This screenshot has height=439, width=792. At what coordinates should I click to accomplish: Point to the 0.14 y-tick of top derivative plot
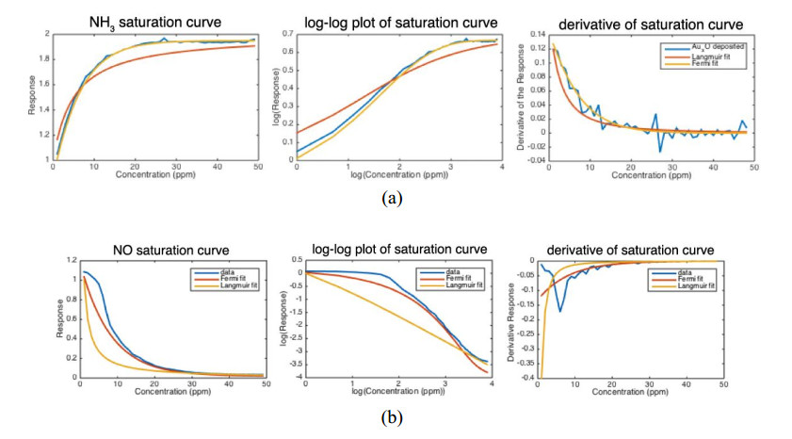535,33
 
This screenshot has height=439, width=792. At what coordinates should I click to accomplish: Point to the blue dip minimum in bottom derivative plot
561,311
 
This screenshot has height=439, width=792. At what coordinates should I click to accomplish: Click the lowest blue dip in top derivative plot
659,151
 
